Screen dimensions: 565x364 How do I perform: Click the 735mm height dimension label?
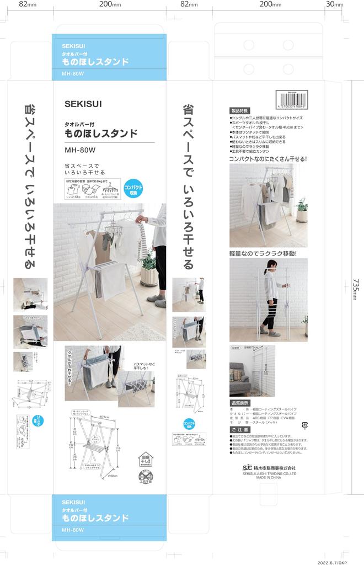(356, 289)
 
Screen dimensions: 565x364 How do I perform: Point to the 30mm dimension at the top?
(334, 4)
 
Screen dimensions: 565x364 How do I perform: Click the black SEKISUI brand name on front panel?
(83, 103)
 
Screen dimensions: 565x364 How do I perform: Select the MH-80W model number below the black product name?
(80, 149)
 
